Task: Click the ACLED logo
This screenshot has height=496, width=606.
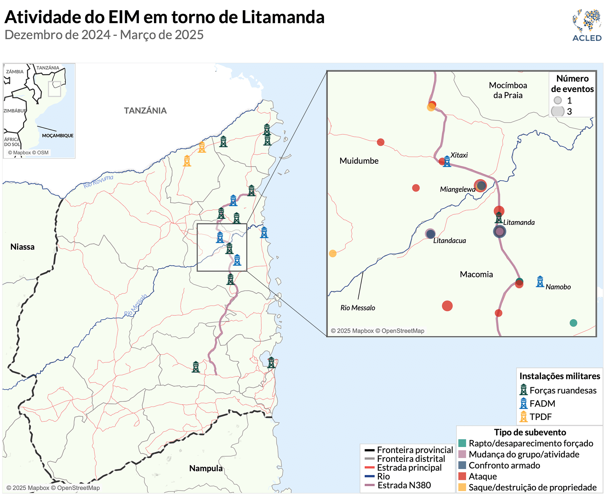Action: pos(587,25)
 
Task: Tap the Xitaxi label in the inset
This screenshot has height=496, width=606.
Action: pos(459,155)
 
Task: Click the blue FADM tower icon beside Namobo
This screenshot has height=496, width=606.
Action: pos(540,282)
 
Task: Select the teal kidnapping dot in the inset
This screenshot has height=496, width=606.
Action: pos(573,323)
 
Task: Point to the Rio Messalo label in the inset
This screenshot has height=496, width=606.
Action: pos(358,308)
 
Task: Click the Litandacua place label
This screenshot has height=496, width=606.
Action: pos(449,240)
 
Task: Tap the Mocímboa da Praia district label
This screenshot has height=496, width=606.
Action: pos(508,90)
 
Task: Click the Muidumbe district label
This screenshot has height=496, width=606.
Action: pos(359,161)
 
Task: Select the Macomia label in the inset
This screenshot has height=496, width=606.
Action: pos(476,274)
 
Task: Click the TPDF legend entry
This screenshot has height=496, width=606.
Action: pos(540,417)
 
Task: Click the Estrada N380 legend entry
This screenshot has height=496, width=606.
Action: pos(404,485)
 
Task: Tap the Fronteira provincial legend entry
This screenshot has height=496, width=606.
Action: pos(415,450)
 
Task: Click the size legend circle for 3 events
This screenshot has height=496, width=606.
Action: pos(558,111)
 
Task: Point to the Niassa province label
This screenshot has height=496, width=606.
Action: pos(22,247)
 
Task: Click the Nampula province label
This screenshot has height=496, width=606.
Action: pos(206,468)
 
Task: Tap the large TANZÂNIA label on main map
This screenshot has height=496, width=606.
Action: pos(145,111)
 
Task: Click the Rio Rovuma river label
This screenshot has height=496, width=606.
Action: pos(98,182)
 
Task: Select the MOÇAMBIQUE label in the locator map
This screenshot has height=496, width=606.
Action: pos(58,135)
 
